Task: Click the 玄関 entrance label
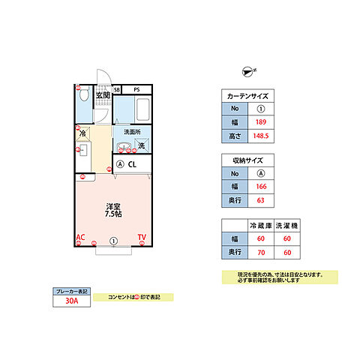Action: point(103,95)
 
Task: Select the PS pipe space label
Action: point(136,89)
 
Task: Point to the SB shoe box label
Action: point(117,89)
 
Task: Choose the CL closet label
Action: point(131,164)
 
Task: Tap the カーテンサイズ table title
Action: point(245,96)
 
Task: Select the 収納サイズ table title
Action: point(245,160)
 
